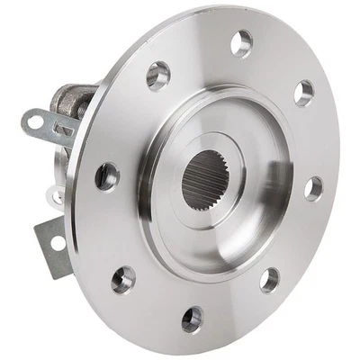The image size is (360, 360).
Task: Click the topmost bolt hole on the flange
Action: (x=241, y=41)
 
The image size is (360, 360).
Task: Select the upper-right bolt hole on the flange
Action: (x=304, y=93)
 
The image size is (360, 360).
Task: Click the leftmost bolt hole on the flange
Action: (x=107, y=175)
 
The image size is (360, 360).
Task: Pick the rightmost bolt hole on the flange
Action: (x=313, y=188)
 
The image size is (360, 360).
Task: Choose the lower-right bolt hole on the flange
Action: (x=269, y=279)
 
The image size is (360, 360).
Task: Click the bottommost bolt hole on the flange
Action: (x=192, y=318)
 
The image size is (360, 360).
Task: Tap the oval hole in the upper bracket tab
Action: (x=37, y=117)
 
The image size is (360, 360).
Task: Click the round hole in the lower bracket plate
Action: (x=57, y=242)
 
